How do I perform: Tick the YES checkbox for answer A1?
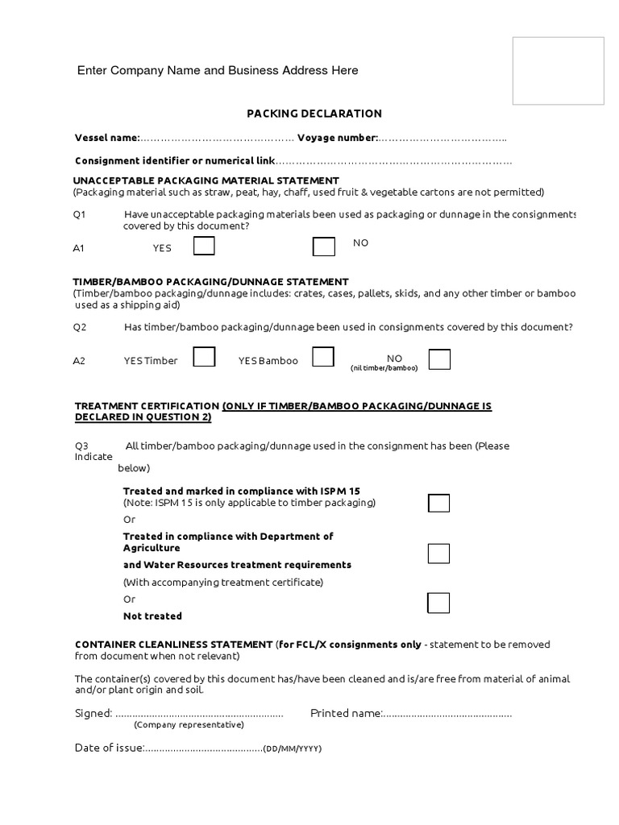[204, 247]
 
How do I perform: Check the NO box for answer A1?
[324, 247]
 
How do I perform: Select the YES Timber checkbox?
[204, 357]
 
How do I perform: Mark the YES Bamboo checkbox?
[323, 357]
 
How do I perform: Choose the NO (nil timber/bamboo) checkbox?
[439, 359]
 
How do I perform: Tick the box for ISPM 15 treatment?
[438, 504]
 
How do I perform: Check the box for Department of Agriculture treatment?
[438, 553]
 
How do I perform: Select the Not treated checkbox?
[438, 603]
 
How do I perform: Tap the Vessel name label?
[107, 139]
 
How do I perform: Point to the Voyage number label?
[338, 139]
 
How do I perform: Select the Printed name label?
[346, 713]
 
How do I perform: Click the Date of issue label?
[109, 748]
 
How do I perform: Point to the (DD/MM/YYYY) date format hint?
[293, 748]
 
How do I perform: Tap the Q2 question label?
[80, 327]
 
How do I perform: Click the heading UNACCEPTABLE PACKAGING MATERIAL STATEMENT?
[206, 180]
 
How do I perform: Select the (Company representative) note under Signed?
[189, 724]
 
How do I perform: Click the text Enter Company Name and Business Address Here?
[218, 71]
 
